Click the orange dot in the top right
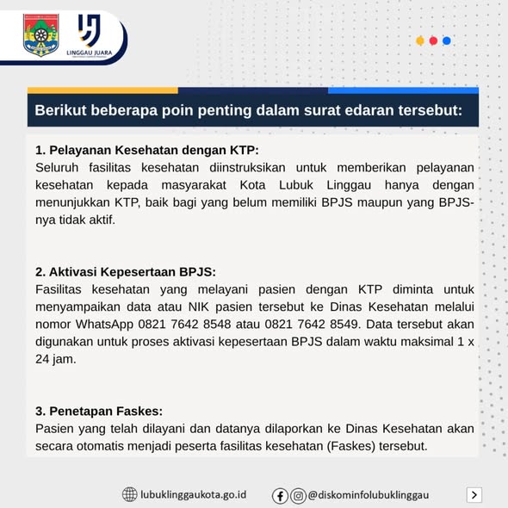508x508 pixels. [x=420, y=40]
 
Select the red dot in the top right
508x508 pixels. [x=434, y=40]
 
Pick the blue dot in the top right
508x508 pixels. [x=447, y=40]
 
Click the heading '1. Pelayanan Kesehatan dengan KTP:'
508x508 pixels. [x=147, y=150]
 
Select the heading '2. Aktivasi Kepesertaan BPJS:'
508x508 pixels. [x=125, y=271]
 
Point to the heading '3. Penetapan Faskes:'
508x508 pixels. [x=99, y=410]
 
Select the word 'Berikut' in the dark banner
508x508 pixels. [x=64, y=111]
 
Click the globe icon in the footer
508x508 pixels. [x=129, y=494]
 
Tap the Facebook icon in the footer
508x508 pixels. [x=281, y=495]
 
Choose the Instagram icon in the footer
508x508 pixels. [x=298, y=495]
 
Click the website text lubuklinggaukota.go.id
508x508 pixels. [x=193, y=494]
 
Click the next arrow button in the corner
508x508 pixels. [x=474, y=494]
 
